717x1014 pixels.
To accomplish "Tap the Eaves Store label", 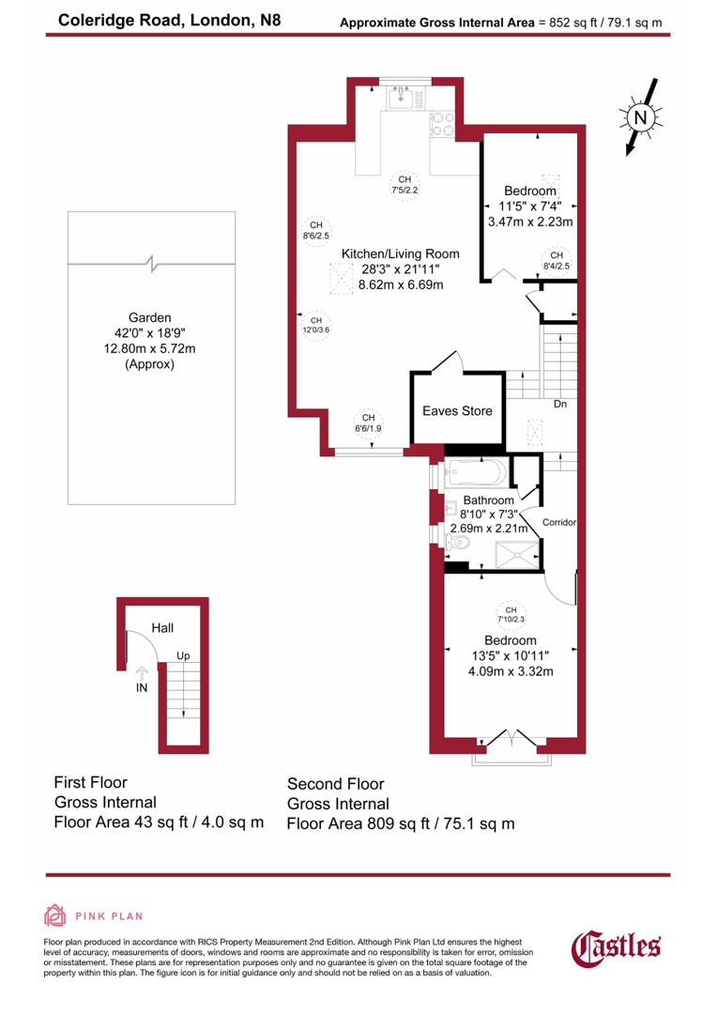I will [456, 411].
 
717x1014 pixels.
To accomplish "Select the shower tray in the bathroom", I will [514, 555].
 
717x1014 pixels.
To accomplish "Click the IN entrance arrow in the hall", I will [141, 673].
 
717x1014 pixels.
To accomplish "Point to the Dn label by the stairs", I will [559, 406].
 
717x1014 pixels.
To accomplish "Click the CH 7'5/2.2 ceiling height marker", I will [404, 185].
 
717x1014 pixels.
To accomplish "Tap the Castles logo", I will [616, 946].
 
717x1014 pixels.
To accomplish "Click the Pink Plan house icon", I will [55, 915].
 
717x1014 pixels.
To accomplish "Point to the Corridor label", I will [559, 522].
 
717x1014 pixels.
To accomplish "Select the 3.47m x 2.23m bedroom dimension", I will [530, 223].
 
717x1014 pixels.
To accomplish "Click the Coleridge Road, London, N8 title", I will [156, 19].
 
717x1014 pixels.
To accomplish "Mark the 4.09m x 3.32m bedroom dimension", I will [511, 671].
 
